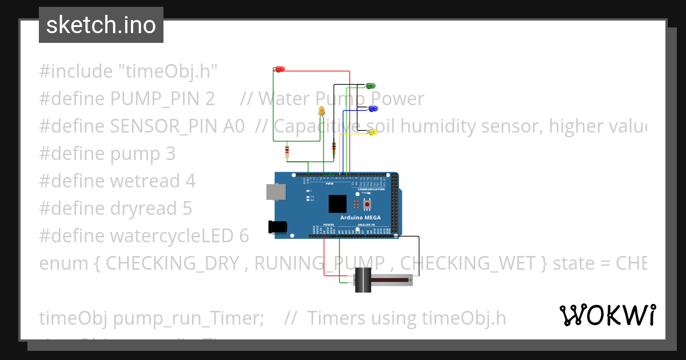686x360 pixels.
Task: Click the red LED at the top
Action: tap(280, 69)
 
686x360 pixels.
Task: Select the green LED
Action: tap(370, 86)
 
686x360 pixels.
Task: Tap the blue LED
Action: tap(373, 109)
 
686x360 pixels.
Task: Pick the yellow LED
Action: tap(373, 133)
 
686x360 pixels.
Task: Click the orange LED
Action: tap(321, 111)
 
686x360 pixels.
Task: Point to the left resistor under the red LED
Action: tap(286, 151)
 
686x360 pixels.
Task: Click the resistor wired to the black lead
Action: tap(333, 147)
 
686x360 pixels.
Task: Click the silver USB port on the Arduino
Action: tap(276, 192)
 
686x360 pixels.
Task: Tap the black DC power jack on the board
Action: tap(277, 227)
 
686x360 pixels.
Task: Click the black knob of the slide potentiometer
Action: tap(362, 280)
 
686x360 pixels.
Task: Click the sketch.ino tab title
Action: tap(101, 25)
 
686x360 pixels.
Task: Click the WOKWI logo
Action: tap(607, 315)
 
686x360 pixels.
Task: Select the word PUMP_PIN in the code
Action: tap(162, 99)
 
